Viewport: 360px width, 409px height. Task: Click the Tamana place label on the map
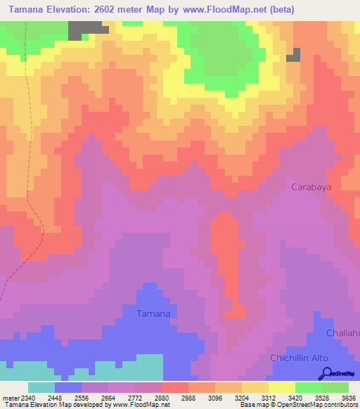point(153,313)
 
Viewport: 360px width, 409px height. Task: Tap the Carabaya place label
point(311,188)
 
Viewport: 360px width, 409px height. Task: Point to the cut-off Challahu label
point(342,332)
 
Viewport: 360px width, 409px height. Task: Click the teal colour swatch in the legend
point(41,387)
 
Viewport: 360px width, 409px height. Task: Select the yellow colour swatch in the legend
point(281,387)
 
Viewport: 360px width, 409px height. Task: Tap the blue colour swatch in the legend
point(67,387)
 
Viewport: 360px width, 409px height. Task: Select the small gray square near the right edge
point(293,55)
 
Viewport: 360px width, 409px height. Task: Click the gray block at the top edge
point(88,29)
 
